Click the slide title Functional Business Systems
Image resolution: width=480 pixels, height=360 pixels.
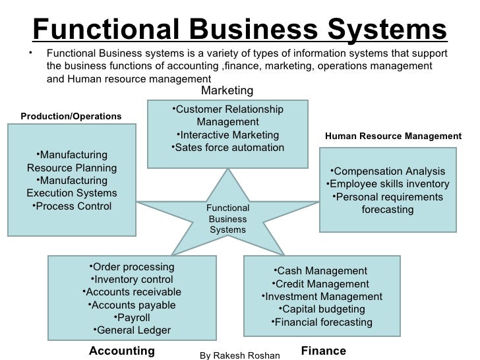tap(239, 28)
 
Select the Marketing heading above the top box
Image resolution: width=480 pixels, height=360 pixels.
tap(226, 90)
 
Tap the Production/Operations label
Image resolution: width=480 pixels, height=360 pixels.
tap(71, 116)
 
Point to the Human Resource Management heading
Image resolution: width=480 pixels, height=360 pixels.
tap(394, 136)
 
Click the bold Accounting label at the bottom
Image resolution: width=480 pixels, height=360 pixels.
tap(121, 350)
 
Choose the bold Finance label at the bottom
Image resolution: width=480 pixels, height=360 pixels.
tap(323, 350)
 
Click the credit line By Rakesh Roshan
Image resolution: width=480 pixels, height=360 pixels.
tap(240, 355)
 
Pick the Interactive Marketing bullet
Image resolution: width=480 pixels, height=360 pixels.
tap(227, 135)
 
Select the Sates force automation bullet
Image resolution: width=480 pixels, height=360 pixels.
tap(227, 147)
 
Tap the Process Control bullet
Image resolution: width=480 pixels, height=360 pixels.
tap(72, 206)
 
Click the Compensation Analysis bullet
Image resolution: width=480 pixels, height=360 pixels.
tap(388, 171)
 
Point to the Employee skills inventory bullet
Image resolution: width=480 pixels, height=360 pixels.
tap(388, 184)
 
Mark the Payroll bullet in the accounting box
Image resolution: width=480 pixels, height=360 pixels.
tap(132, 318)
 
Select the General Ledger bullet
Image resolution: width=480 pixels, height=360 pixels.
tap(131, 330)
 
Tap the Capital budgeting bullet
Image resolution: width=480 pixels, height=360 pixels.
tap(321, 309)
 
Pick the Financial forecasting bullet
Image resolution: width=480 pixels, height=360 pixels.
tap(321, 322)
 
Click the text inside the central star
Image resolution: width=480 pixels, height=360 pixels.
tap(227, 219)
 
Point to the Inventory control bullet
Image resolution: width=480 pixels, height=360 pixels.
tap(131, 280)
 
